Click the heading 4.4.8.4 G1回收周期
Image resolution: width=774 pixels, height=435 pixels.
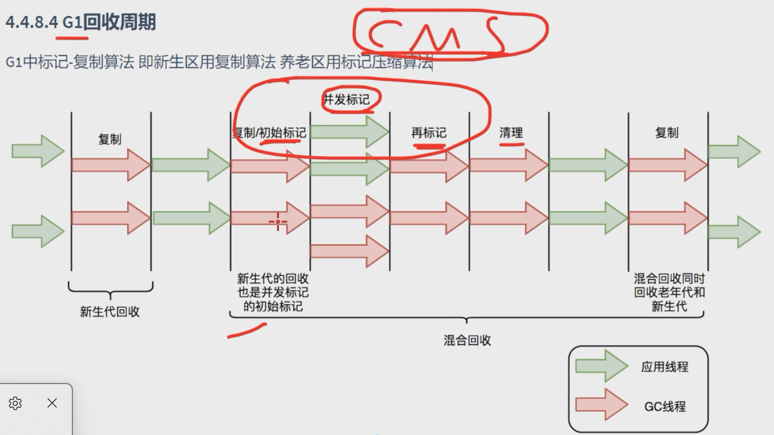coord(80,23)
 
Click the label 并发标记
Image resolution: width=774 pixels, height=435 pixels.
coord(346,100)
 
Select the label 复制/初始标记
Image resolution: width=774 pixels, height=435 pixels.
coord(270,133)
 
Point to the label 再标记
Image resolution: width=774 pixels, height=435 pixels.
coord(429,133)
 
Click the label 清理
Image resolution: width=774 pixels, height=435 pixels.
coord(511,133)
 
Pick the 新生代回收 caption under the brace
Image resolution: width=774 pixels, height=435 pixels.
coord(110,312)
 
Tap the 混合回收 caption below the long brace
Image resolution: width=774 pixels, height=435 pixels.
coord(467,340)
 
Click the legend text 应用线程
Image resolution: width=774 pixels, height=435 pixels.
coord(664,367)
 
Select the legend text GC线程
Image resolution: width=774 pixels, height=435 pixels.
coord(664,406)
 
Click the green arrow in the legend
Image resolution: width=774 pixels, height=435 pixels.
coord(601,366)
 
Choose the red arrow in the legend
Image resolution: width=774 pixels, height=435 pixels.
coord(601,405)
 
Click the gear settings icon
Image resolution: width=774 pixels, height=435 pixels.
coord(15,403)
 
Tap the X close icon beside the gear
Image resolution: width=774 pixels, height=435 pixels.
coord(52,403)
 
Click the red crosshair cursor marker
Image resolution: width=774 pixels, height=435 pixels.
coord(278,222)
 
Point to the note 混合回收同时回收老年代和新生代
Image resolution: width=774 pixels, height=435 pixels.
coord(669,292)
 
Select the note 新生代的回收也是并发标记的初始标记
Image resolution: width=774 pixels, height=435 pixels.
coord(273,292)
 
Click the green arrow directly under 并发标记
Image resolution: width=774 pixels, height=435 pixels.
coord(349,132)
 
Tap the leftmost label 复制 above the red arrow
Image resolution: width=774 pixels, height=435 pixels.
coord(110,139)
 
